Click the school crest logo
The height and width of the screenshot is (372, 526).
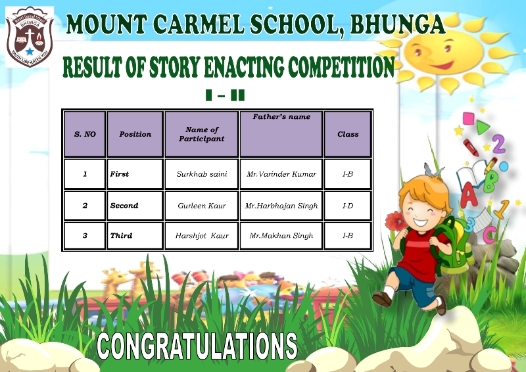[30, 37]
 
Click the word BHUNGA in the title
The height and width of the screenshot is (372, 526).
[398, 24]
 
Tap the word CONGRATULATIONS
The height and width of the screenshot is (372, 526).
[197, 346]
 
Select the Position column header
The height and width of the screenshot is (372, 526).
[135, 134]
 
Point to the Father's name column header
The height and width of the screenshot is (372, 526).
[281, 134]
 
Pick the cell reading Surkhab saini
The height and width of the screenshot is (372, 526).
[202, 174]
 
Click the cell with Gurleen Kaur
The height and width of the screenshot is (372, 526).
[202, 206]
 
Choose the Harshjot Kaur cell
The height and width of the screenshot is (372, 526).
[202, 236]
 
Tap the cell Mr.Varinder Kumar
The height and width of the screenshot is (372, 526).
[281, 174]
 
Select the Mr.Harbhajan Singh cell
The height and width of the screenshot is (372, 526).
[281, 206]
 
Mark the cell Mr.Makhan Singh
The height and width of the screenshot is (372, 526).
[281, 236]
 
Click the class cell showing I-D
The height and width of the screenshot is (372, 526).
[348, 206]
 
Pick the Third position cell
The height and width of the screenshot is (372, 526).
[135, 236]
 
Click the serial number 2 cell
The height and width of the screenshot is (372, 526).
[85, 206]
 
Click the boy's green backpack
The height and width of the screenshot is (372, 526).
[453, 245]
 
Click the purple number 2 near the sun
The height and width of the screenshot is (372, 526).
[499, 144]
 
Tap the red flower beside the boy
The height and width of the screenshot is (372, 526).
[396, 221]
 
